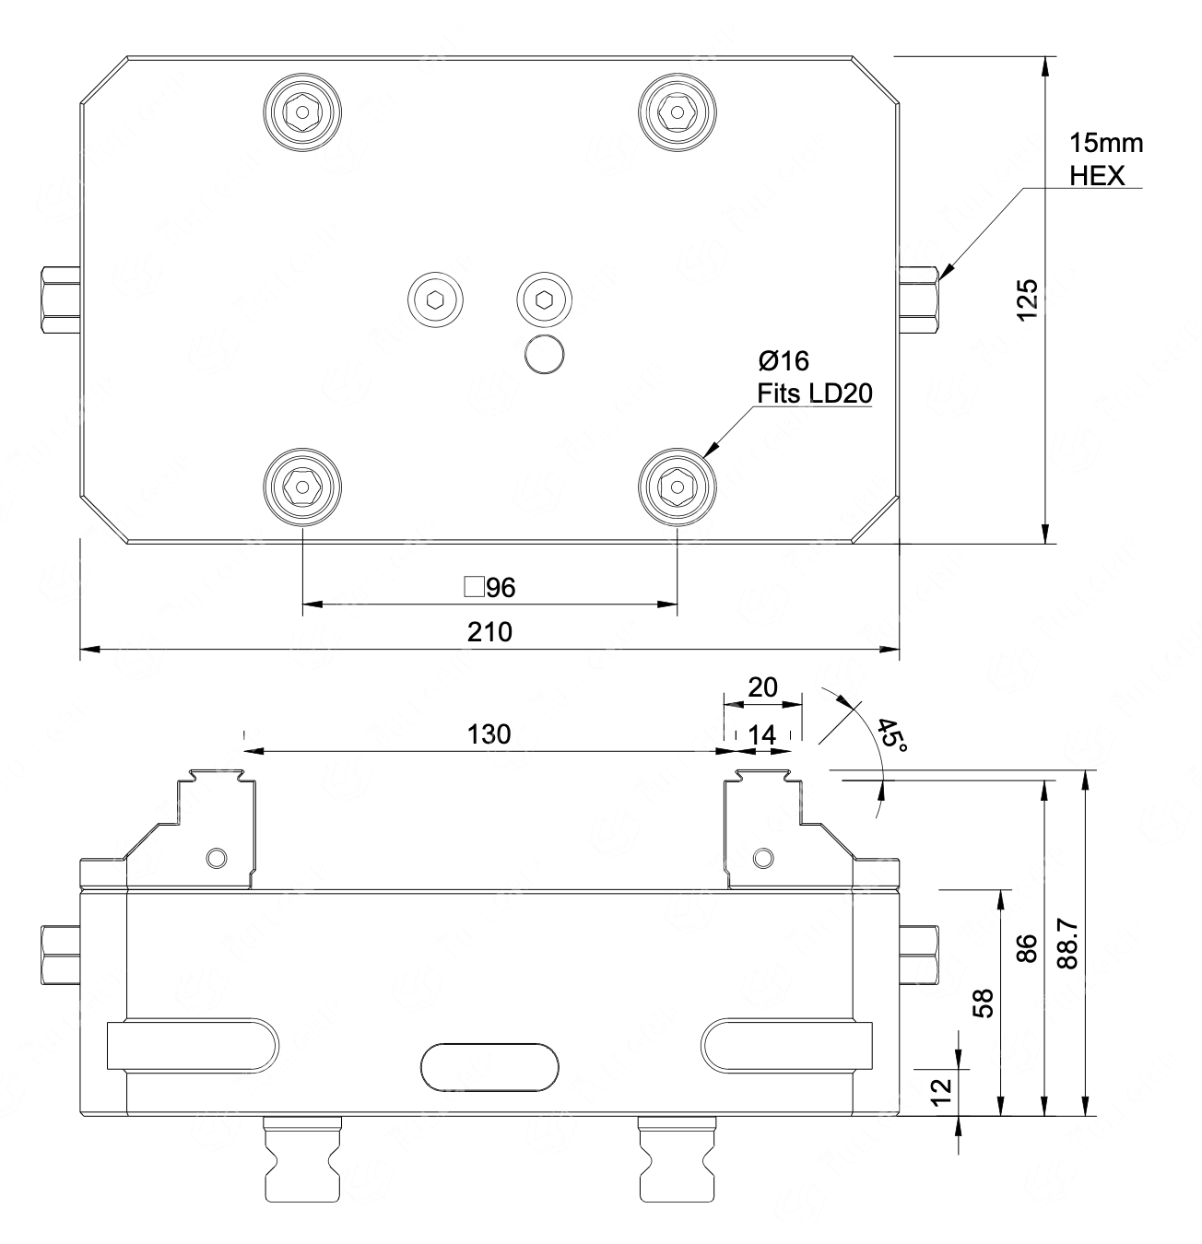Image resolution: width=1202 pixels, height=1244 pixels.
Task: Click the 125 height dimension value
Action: click(1027, 299)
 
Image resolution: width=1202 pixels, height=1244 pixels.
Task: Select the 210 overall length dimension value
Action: click(489, 632)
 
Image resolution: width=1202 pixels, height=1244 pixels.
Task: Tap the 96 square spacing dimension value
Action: click(490, 588)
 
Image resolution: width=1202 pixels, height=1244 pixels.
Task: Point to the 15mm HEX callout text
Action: click(1106, 159)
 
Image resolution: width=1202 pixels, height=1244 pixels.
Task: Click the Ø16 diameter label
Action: click(784, 361)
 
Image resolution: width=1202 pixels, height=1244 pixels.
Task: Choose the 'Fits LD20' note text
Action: click(815, 393)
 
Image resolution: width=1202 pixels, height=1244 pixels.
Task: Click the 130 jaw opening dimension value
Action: click(489, 734)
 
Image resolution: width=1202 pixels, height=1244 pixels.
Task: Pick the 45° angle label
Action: click(891, 735)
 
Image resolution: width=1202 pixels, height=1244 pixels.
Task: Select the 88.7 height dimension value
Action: click(1067, 945)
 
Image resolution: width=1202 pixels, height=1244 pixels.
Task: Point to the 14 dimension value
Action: click(762, 735)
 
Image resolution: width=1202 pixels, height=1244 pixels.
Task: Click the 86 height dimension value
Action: click(1026, 948)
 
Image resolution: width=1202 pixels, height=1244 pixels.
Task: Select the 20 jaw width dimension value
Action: click(762, 687)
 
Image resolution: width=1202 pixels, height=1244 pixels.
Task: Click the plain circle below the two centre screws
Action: click(544, 354)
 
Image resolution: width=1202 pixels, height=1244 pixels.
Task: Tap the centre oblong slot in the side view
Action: click(489, 1067)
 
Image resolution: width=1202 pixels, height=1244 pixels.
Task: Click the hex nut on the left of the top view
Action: click(61, 299)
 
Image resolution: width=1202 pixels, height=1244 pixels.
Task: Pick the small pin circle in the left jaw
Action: click(217, 858)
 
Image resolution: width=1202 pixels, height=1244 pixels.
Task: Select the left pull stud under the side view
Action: click(302, 1158)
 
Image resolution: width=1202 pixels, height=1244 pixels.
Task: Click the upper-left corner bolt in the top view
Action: click(302, 112)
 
